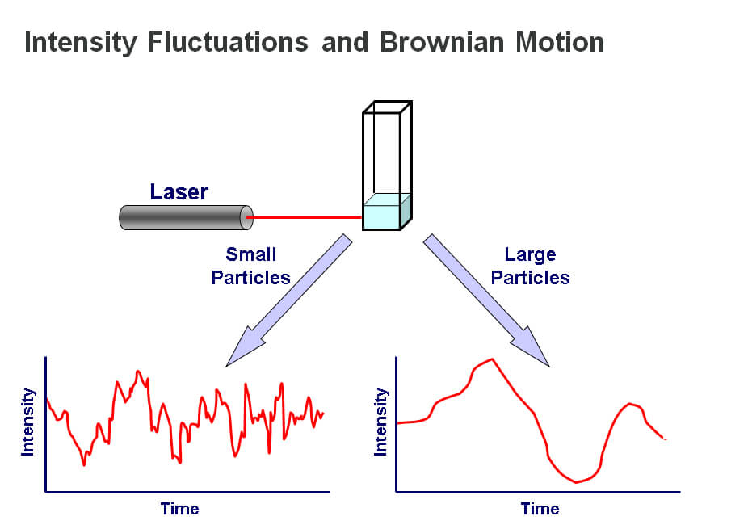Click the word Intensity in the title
81,43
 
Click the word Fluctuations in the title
228,42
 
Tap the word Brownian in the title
442,42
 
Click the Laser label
179,191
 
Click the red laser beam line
305,217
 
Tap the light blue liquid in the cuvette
386,212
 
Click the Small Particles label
250,266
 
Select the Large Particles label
530,266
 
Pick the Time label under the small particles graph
179,509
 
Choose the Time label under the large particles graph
540,509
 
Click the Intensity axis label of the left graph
27,422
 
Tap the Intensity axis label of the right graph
380,422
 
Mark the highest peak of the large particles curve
492,359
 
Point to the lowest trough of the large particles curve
576,482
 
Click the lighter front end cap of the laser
246,217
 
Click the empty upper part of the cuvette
387,153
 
